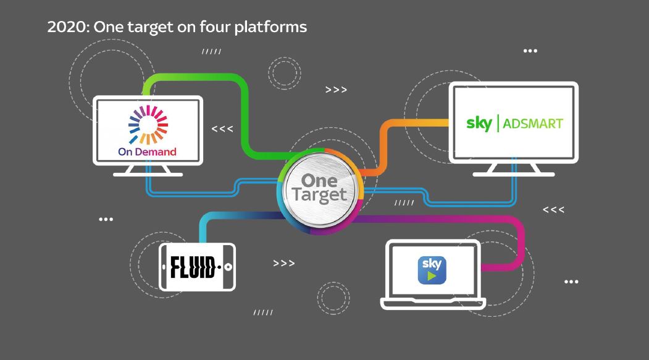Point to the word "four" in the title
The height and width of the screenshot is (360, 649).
(214, 28)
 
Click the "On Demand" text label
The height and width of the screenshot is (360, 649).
(147, 151)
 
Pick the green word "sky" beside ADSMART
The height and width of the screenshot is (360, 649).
(479, 122)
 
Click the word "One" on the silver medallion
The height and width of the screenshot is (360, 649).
(319, 180)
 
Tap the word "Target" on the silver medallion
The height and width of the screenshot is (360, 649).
(319, 196)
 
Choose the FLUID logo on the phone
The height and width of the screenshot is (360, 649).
(193, 267)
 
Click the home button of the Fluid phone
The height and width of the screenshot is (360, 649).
(228, 267)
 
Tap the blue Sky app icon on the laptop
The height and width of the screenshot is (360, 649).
(432, 270)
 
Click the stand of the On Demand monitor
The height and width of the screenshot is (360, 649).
(148, 171)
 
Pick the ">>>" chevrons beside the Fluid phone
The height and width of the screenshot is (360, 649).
(283, 264)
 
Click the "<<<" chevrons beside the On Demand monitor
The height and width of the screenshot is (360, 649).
(222, 129)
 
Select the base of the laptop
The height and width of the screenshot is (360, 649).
(432, 303)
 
